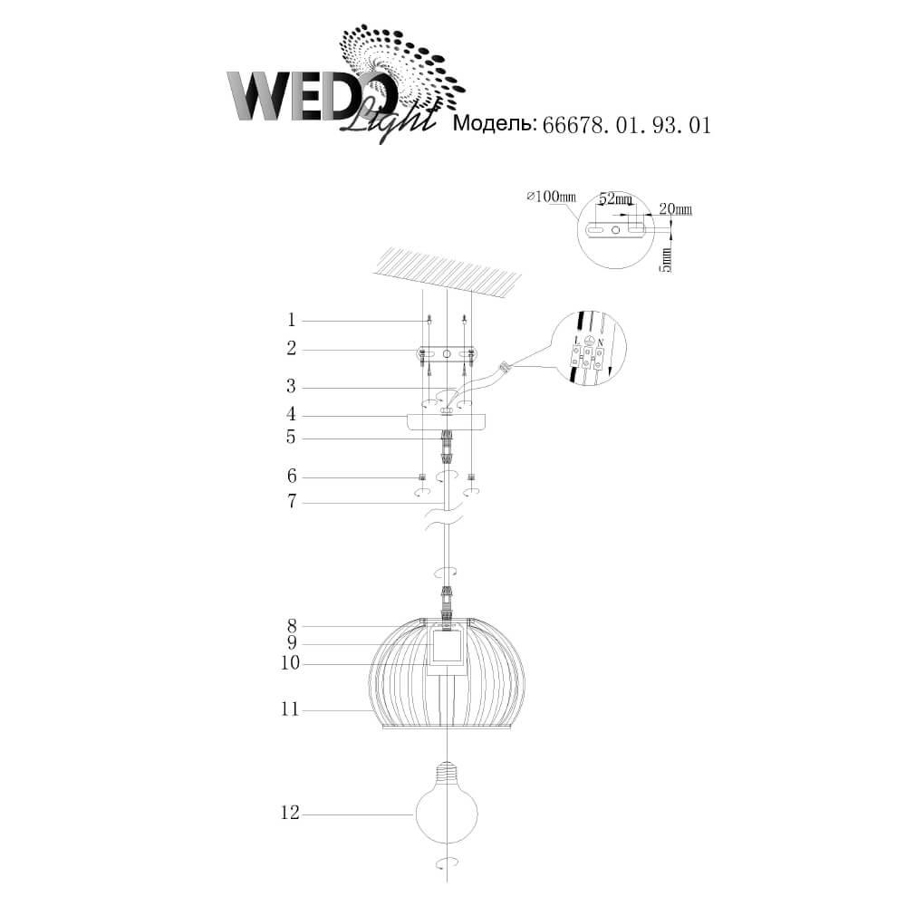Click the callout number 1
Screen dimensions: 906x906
coord(291,320)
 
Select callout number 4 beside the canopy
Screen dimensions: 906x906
coord(291,414)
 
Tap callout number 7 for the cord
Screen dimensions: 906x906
coord(292,502)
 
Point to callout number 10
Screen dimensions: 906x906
coord(291,663)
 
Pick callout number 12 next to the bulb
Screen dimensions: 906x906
coord(291,813)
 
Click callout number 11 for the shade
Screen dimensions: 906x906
coord(290,709)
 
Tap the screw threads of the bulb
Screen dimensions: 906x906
coord(448,769)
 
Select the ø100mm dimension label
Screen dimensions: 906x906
coord(552,197)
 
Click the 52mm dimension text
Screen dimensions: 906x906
coord(615,198)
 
